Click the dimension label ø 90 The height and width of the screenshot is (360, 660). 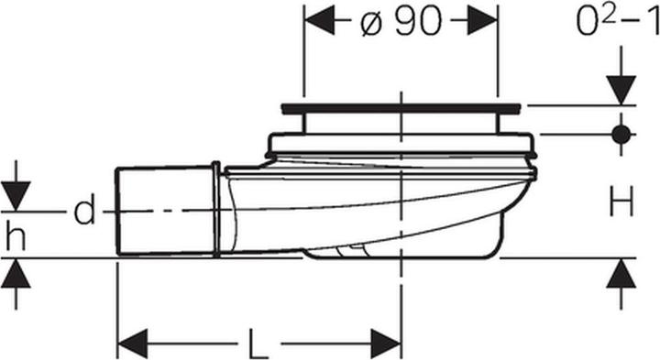tap(401, 21)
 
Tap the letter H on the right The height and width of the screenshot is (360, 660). tap(621, 202)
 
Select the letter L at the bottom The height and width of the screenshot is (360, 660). tap(258, 344)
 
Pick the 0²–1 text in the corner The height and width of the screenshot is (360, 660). tap(618, 21)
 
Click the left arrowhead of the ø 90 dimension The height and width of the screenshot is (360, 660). tap(320, 20)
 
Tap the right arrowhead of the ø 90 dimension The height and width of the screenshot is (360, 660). tap(482, 20)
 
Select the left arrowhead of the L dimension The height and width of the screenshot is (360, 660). tap(133, 344)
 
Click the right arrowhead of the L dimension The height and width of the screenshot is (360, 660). tap(386, 344)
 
